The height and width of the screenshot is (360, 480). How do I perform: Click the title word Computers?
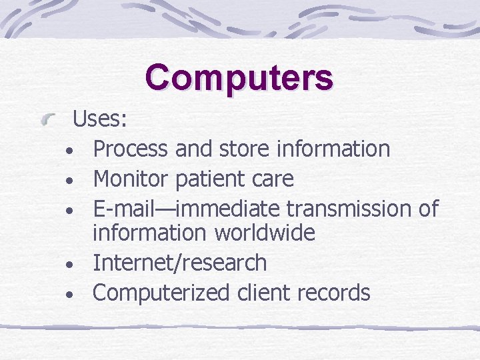coord(239,77)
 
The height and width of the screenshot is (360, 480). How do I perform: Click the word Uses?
coord(101,119)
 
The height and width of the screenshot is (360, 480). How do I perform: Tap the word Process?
coord(131,149)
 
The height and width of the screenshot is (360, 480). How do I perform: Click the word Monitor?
coord(131,179)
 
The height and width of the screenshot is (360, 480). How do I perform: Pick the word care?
coord(273,179)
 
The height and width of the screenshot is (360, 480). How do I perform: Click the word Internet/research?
coord(180,263)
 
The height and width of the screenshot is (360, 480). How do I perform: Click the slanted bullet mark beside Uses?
coord(49,121)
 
